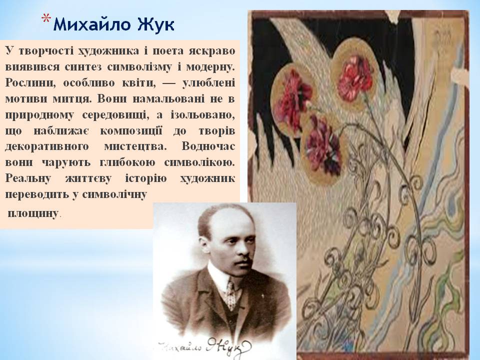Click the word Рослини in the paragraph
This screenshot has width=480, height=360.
click(x=27, y=82)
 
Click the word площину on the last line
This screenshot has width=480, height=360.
click(x=33, y=213)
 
